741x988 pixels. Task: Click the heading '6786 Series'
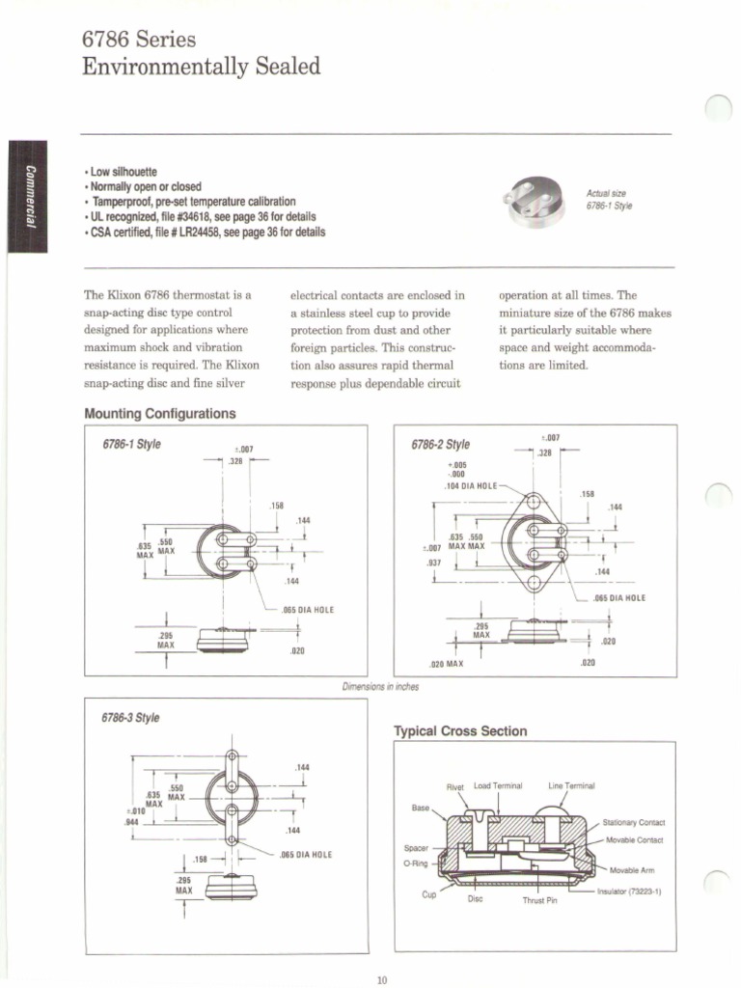(140, 40)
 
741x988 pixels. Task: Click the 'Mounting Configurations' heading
(160, 414)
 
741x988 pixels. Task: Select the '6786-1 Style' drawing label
(131, 445)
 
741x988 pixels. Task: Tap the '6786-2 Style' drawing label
(440, 445)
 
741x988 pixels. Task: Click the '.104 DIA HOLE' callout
(471, 485)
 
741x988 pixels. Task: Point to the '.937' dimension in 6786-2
(434, 562)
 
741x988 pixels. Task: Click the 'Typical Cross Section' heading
(460, 731)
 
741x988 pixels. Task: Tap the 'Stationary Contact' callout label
(633, 823)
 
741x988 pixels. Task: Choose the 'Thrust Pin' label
(539, 901)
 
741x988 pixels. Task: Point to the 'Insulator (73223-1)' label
(629, 892)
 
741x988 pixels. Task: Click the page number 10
(381, 980)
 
